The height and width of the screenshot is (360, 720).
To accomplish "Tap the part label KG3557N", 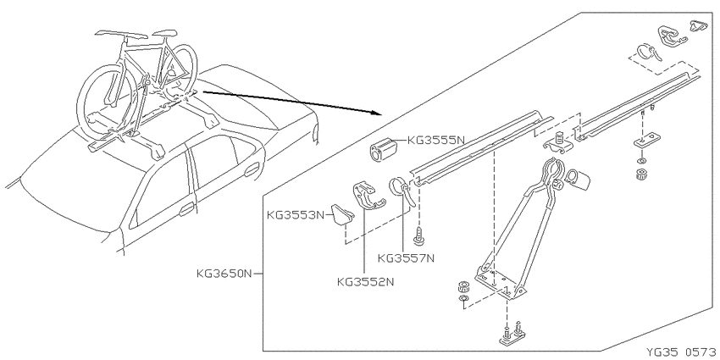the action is (x=406, y=258).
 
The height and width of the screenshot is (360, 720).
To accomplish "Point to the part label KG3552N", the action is (x=365, y=281).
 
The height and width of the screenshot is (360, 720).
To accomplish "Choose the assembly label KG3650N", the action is (x=224, y=274).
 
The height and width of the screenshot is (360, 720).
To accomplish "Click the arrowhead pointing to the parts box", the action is (x=378, y=113).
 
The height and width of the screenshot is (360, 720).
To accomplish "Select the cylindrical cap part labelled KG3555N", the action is (x=383, y=149).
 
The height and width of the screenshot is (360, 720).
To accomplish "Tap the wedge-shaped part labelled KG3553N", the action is (x=343, y=216).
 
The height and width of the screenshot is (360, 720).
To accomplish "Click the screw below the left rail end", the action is (x=418, y=235).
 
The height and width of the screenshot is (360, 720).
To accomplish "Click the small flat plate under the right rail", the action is (x=647, y=140).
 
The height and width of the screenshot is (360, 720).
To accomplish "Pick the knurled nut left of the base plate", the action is (x=463, y=286).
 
